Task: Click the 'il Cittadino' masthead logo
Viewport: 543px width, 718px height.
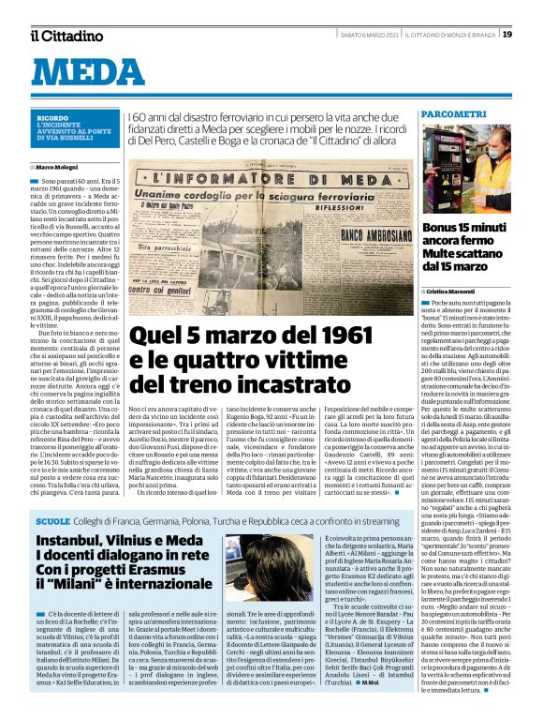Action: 66,36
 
